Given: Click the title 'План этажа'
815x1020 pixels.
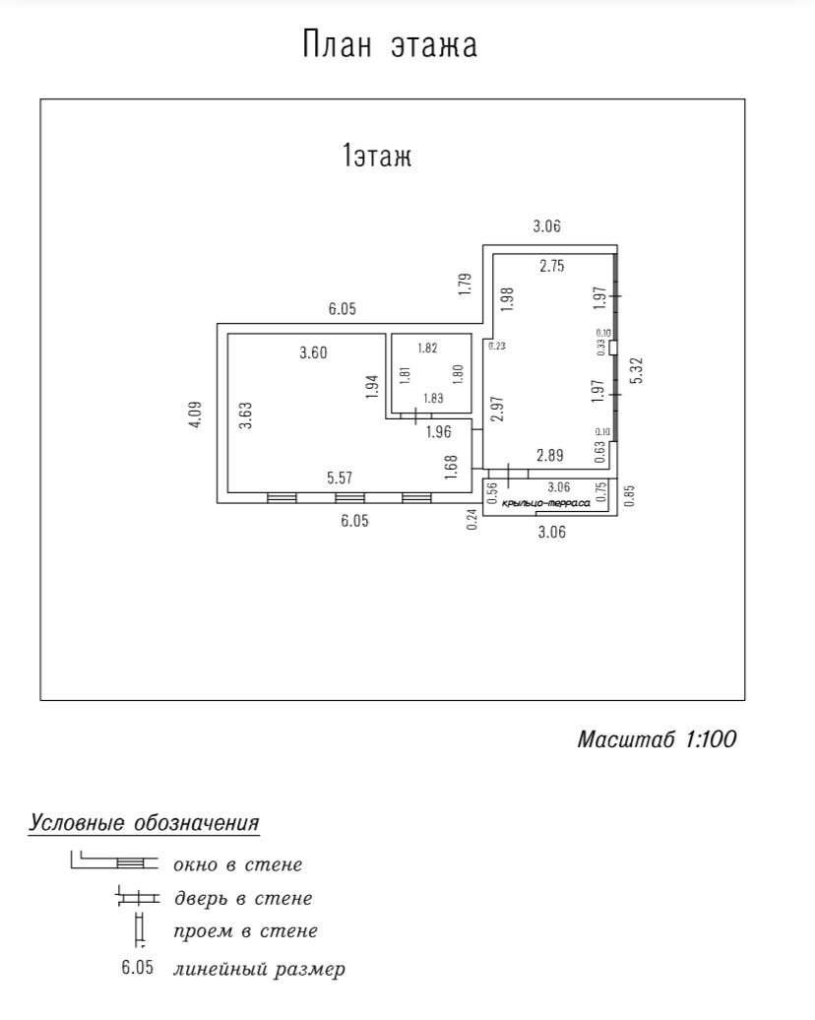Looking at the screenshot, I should pos(390,45).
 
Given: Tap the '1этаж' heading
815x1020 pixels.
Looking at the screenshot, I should pos(376,157).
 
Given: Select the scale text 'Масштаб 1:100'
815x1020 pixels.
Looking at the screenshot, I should pos(657,739).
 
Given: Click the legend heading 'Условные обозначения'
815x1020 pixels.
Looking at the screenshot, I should pos(145,823).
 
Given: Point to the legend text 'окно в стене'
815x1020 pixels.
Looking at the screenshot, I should pos(237,865).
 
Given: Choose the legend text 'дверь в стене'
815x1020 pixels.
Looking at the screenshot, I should pos(242,898).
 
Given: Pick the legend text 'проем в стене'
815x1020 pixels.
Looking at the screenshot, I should pos(245,931).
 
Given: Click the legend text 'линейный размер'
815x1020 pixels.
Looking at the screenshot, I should pos(259,970).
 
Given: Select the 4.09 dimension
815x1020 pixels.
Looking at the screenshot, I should pos(195,414).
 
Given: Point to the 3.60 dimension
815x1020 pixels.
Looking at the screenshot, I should pos(313,353).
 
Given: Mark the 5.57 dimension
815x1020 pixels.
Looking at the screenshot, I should pos(340,478).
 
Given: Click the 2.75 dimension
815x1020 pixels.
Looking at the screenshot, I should pos(552,265).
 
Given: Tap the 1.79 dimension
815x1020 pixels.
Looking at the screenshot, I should pos(466,285).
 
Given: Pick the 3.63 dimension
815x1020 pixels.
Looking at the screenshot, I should pos(246,414).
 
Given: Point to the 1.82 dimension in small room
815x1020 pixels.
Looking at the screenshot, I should pos(427,348).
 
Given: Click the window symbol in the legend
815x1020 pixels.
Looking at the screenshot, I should pos(137,863).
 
